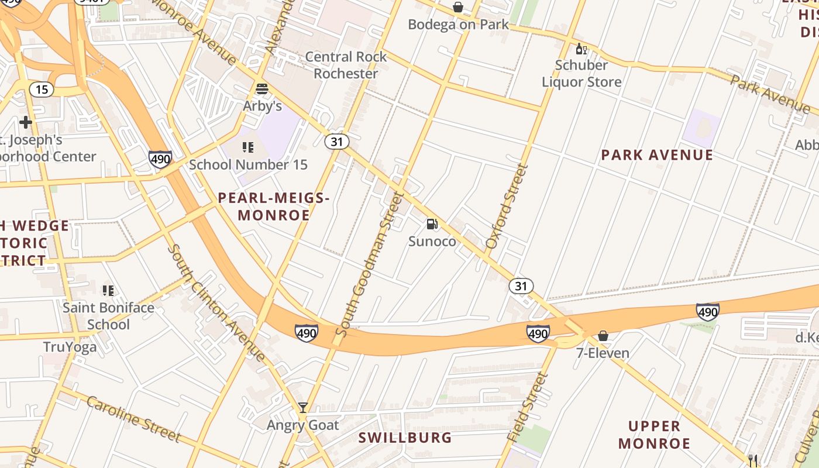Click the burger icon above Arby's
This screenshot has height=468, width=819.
[x=261, y=89]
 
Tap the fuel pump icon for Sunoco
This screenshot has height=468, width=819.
[x=432, y=224]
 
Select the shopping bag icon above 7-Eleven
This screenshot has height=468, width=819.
[x=603, y=336]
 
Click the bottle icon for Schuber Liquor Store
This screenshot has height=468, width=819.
[x=581, y=49]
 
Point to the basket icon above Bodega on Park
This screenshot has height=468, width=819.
[x=458, y=7]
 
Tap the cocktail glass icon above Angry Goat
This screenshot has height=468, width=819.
[x=302, y=407]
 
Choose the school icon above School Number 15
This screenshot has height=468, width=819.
[x=248, y=147]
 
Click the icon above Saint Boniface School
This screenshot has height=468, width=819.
[x=108, y=290]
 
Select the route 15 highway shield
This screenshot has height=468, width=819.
[x=42, y=90]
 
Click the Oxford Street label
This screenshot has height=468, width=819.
[x=507, y=206]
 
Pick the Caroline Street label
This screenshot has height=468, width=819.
[x=133, y=418]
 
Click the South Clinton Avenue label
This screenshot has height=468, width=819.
[x=217, y=302]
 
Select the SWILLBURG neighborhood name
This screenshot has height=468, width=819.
[x=405, y=438]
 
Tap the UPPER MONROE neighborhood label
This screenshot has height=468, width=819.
[x=654, y=435]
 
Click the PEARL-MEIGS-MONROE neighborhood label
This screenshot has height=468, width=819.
[x=274, y=207]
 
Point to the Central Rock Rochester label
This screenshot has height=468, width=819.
[x=346, y=65]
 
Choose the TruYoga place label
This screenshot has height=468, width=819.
[x=70, y=347]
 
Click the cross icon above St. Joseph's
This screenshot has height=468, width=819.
[x=25, y=122]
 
